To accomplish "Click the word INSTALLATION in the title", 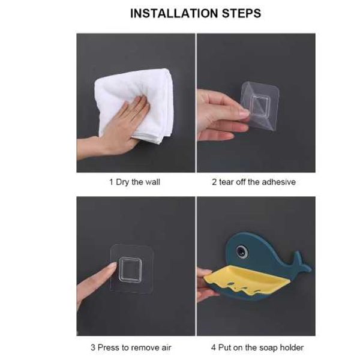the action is tap(174, 13).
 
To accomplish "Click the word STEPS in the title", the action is tap(242, 13).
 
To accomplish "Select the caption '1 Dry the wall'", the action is tap(134, 182).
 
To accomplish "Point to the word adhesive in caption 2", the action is tap(279, 182).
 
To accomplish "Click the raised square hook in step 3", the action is tap(130, 270).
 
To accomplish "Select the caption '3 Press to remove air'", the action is tap(131, 347).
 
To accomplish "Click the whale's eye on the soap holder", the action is tap(242, 251).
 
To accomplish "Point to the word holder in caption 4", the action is tap(292, 347).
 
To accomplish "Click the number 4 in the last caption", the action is tap(213, 347).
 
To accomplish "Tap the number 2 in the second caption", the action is tap(214, 182).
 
